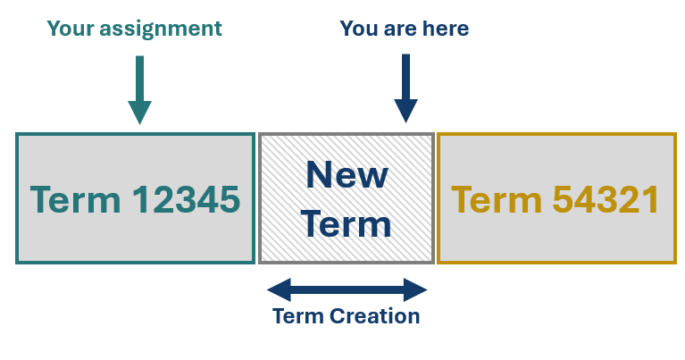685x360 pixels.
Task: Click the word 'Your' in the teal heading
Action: tap(71, 29)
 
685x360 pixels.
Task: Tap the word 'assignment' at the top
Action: tap(161, 29)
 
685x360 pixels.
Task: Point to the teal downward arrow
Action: tap(140, 89)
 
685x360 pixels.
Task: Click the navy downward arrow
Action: tap(405, 88)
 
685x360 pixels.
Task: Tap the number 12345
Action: tap(186, 200)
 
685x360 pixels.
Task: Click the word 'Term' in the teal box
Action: tap(75, 200)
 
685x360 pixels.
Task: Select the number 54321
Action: tap(606, 200)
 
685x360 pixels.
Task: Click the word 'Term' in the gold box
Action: tap(497, 200)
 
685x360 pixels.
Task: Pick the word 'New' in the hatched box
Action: tap(347, 175)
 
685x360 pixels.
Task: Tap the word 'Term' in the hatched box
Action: tap(347, 224)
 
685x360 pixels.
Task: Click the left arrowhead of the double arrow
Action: tap(279, 289)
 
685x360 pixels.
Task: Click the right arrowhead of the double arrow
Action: tap(415, 289)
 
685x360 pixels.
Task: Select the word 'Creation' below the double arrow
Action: tap(375, 316)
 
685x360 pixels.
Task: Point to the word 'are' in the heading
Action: tap(400, 29)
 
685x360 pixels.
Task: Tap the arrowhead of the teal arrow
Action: tap(140, 113)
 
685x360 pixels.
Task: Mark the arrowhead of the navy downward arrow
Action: tap(405, 111)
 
